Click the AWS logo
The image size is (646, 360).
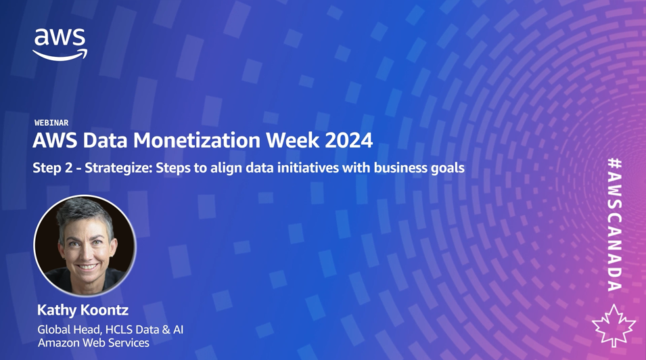(x=60, y=45)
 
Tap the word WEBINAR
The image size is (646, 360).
(x=51, y=122)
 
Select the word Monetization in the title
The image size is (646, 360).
(x=197, y=140)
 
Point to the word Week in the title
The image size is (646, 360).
(x=292, y=140)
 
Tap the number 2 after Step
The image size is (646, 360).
(x=68, y=168)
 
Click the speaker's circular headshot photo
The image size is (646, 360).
(x=85, y=246)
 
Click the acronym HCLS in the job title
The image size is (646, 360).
(x=118, y=330)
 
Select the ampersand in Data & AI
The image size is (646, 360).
(x=166, y=330)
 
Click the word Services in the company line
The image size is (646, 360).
(x=131, y=342)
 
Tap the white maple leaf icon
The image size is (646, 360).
(x=614, y=325)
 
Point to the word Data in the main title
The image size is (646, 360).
(x=106, y=140)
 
